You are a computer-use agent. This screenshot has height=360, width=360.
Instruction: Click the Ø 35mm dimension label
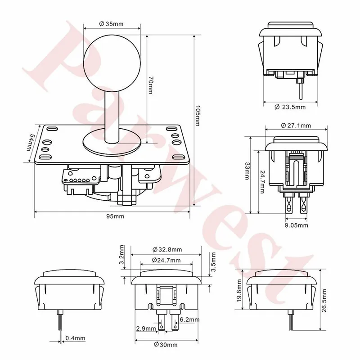tap(111, 24)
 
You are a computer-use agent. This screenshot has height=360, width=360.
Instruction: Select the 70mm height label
tap(150, 85)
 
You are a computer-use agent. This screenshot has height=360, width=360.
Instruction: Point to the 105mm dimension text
tap(198, 116)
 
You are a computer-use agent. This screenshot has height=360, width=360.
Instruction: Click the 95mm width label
tap(115, 216)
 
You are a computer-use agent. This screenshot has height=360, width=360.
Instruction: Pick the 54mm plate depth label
tap(30, 142)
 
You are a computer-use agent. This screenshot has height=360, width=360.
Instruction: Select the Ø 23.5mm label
tap(290, 107)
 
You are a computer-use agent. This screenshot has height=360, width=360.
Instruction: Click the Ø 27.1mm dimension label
tap(296, 126)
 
